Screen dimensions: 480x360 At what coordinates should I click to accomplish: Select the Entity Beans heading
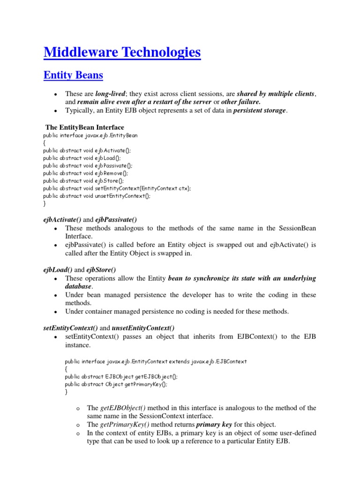(x=73, y=75)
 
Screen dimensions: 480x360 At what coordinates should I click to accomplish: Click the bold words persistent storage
(x=260, y=111)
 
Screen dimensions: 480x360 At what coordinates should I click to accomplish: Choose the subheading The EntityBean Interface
(x=84, y=127)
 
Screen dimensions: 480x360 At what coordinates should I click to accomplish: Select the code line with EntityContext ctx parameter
(x=117, y=188)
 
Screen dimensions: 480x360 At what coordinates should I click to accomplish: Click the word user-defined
(x=295, y=433)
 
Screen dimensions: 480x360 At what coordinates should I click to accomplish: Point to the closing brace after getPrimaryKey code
(x=66, y=391)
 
